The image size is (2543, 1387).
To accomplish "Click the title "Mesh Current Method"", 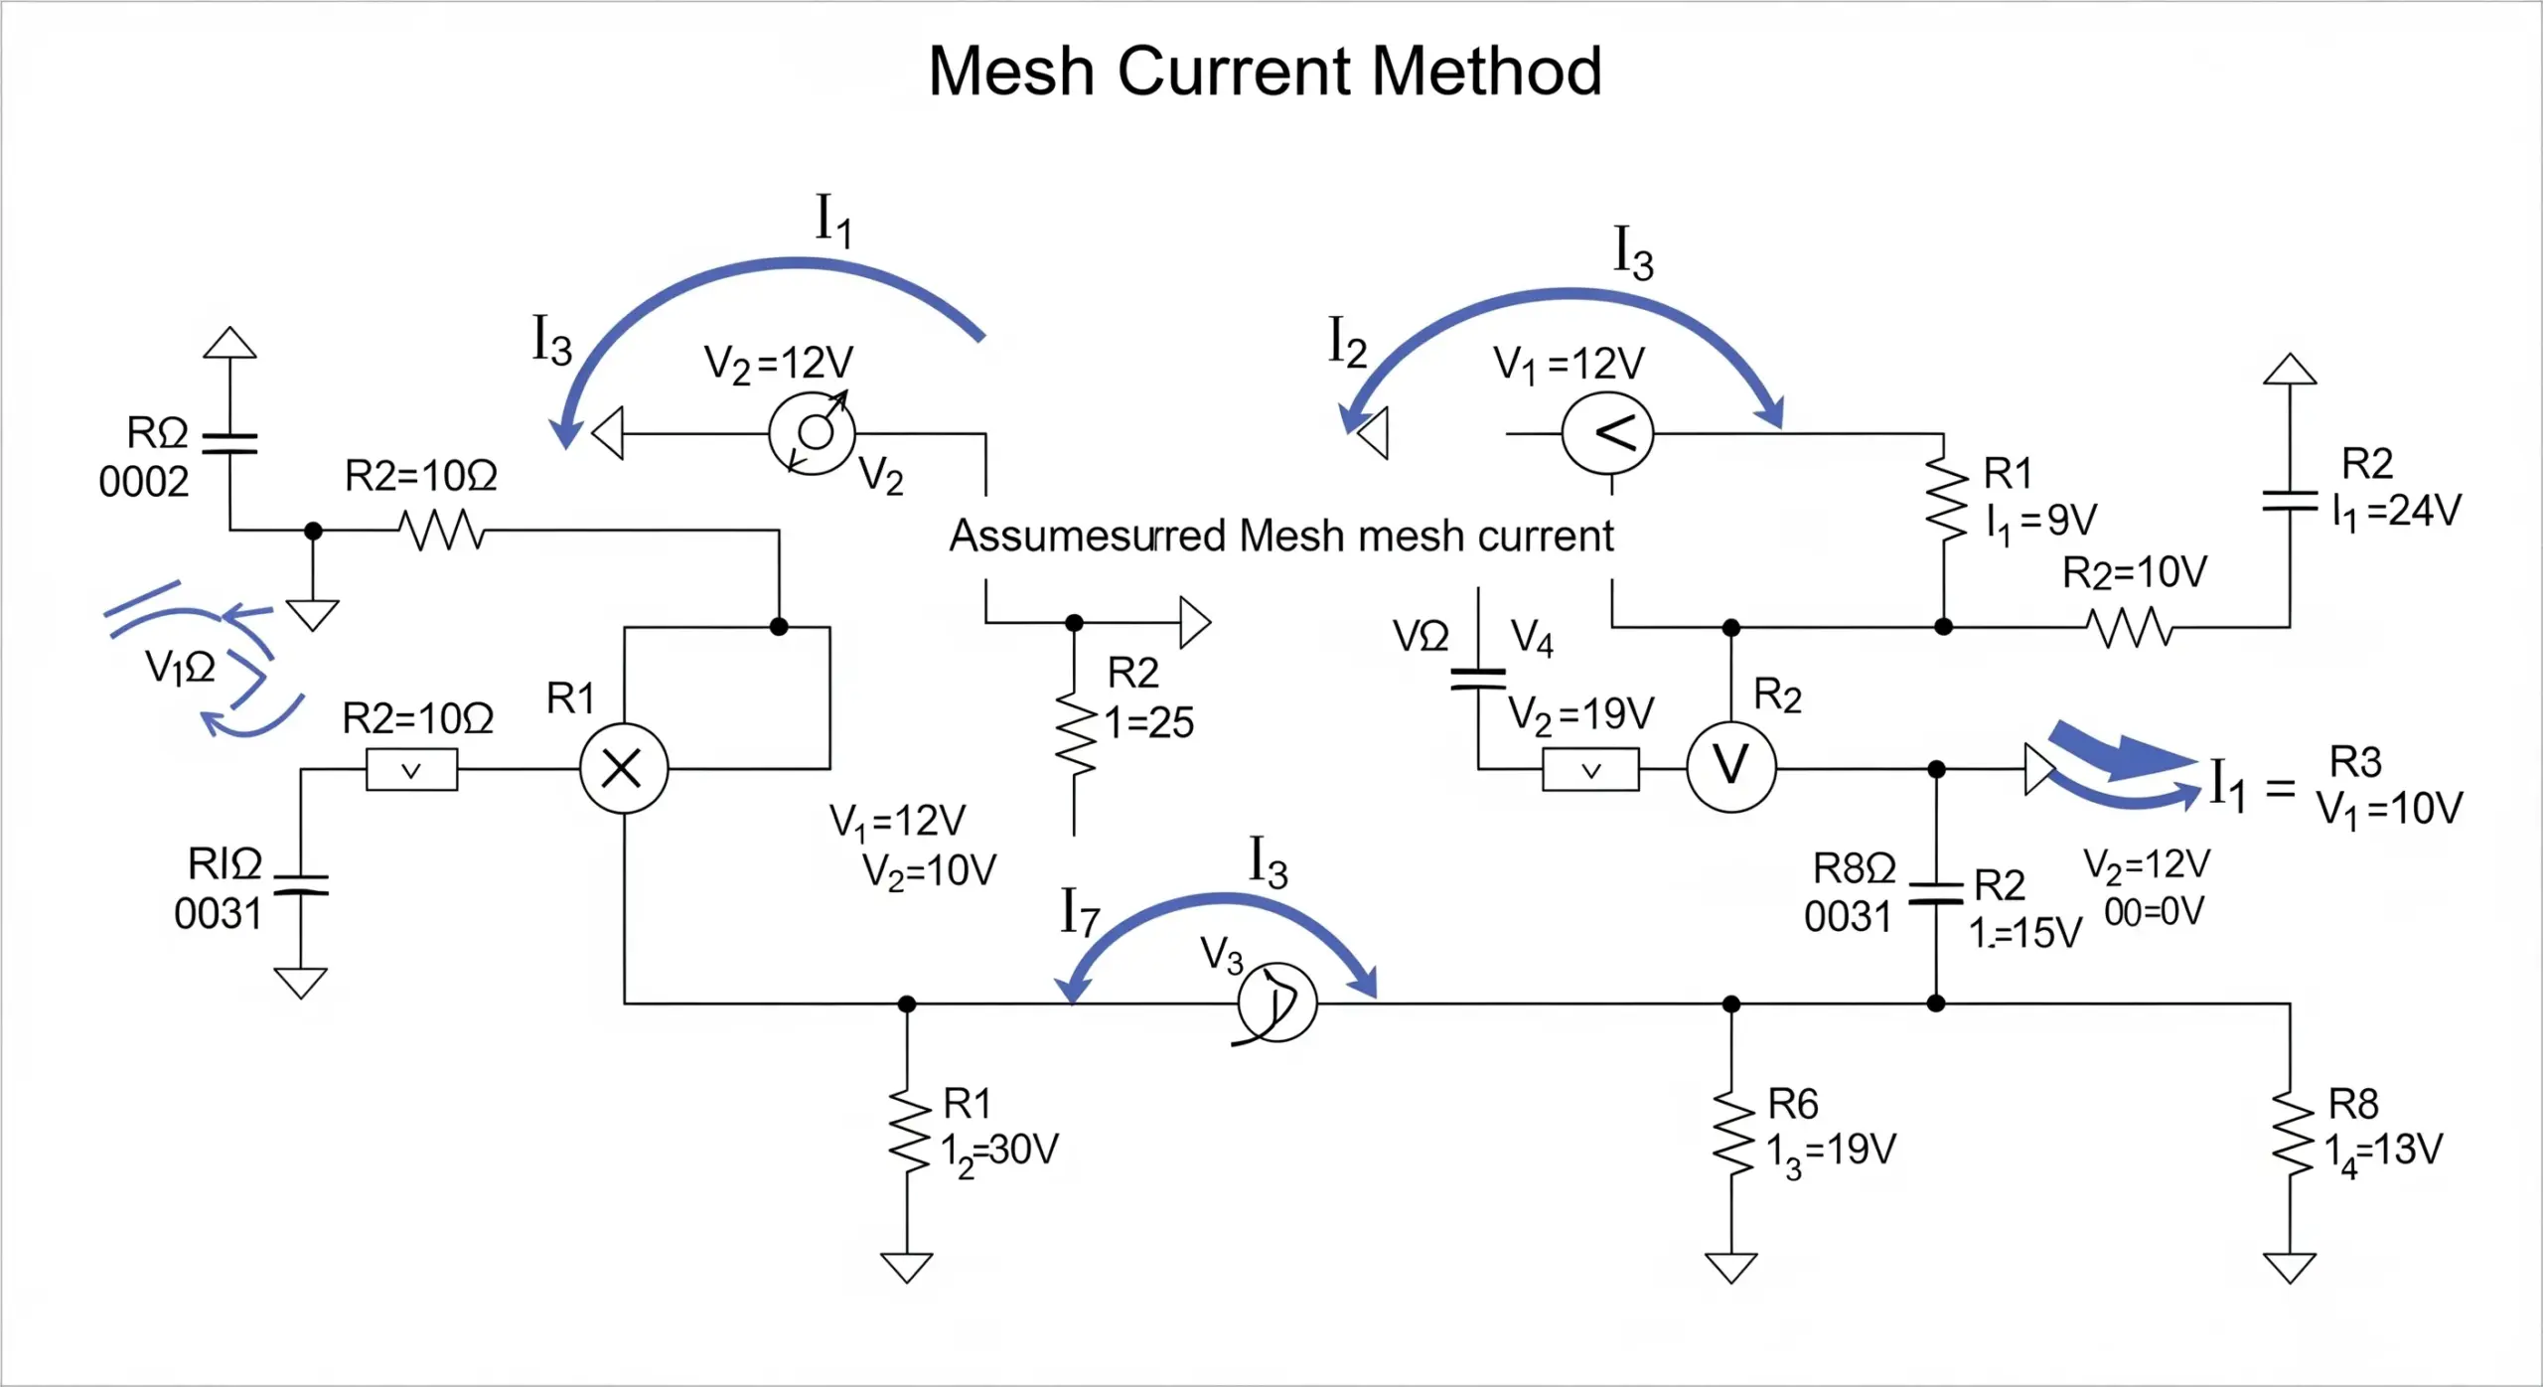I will point(1265,72).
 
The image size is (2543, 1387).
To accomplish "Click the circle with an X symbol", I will point(623,769).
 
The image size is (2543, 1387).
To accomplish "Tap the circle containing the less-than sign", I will point(1607,433).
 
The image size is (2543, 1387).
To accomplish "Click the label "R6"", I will point(1793,1104).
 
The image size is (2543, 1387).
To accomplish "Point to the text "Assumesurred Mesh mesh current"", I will point(1280,536).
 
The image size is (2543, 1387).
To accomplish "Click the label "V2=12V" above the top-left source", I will point(778,364).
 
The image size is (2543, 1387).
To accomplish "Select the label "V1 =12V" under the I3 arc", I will point(1569,365).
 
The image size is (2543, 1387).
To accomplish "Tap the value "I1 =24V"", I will point(2396,512).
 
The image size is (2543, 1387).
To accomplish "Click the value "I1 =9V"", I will point(2041,520).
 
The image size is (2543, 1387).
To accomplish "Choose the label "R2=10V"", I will point(2134,572).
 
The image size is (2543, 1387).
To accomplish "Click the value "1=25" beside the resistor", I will point(1149,722).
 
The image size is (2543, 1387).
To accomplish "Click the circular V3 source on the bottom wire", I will point(1276,1002).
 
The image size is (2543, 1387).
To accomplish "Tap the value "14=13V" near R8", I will point(2383,1152).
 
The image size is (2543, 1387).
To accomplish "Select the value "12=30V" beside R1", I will point(999,1152).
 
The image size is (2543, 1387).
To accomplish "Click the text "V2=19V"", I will point(1580,713).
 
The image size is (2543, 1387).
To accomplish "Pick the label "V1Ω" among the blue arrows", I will point(180,667).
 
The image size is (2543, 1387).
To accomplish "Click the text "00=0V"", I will point(2154,911).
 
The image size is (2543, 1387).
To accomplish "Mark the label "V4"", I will point(1531,638).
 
